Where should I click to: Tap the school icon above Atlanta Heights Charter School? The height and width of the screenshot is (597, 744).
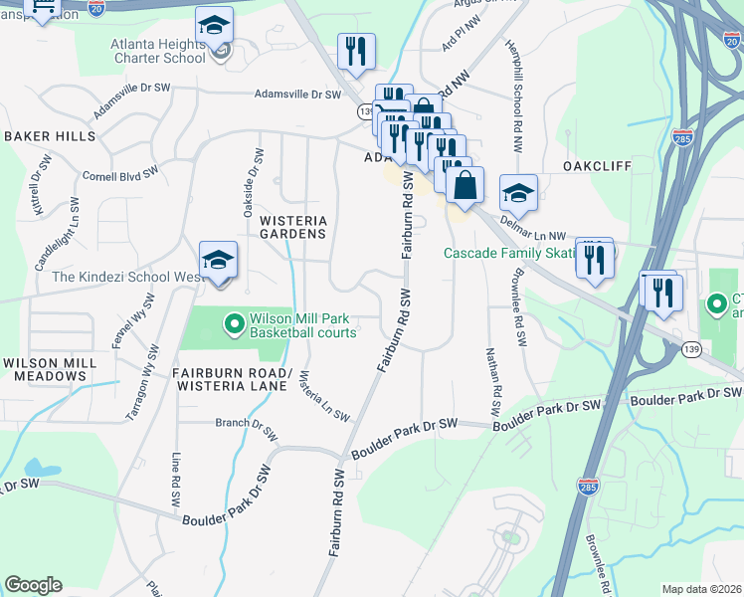click(x=214, y=27)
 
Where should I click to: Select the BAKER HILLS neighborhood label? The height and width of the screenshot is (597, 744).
click(x=50, y=135)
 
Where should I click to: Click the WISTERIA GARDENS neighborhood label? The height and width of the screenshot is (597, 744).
click(x=292, y=226)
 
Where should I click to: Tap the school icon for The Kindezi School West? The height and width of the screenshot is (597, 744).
click(x=219, y=262)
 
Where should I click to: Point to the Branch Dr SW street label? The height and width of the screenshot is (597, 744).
click(x=246, y=422)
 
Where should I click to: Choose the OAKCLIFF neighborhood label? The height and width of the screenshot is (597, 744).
click(x=597, y=166)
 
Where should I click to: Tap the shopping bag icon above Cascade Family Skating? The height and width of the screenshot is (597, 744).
click(x=465, y=186)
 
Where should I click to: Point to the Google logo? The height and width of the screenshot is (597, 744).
click(x=34, y=585)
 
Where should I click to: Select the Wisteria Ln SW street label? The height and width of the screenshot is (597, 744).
click(x=323, y=394)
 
